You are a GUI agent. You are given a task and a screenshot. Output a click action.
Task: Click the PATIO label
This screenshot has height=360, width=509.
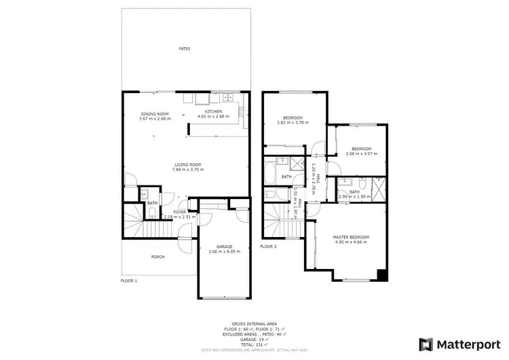[184, 49]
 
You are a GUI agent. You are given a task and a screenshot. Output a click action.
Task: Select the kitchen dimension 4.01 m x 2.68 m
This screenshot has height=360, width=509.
[214, 116]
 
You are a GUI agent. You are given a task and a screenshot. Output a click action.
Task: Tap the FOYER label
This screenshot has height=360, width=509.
[180, 212]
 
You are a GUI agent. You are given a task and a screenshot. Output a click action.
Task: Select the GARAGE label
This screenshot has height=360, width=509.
[225, 246]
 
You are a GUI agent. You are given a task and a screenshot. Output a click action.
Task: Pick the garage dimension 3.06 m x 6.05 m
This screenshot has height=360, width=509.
[225, 251]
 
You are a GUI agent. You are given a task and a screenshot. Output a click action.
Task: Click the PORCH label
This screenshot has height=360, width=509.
[157, 257]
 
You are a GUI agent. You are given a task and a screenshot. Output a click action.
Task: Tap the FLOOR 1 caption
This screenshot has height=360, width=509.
[129, 280]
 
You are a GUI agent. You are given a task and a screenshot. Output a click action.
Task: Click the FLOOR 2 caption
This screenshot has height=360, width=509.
[269, 247]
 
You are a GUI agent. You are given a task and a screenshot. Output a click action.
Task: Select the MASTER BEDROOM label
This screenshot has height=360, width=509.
[351, 236]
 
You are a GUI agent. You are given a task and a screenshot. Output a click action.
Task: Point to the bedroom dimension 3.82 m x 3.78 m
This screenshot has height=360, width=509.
[293, 123]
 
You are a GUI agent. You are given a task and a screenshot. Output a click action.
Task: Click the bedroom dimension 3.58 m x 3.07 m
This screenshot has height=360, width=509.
[360, 154]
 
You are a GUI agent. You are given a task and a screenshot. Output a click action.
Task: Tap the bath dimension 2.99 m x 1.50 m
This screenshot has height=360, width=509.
[354, 196]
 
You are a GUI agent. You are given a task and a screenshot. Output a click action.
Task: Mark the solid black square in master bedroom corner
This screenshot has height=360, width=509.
[382, 275]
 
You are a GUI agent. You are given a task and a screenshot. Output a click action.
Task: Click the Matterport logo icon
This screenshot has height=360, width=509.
[426, 344]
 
